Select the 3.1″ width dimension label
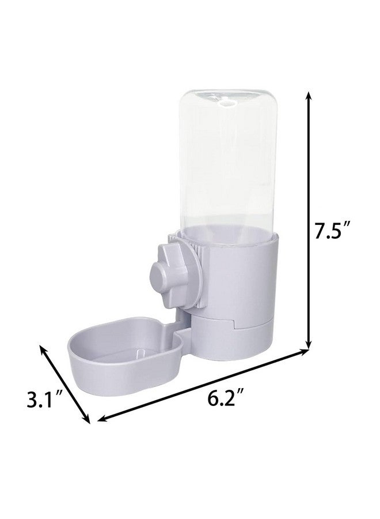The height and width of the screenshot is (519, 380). pyautogui.click(x=44, y=400)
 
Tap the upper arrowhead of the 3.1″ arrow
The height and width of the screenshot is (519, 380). pyautogui.click(x=42, y=348)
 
